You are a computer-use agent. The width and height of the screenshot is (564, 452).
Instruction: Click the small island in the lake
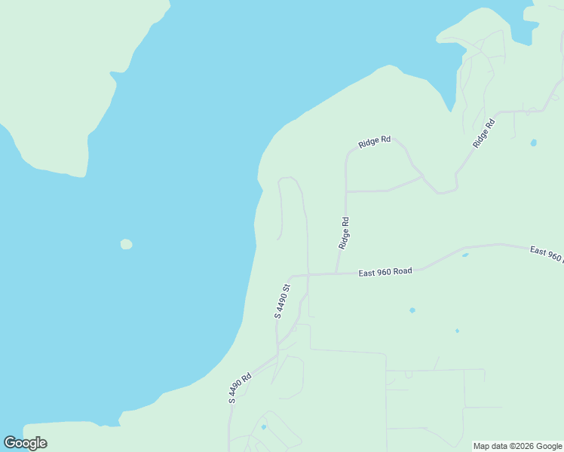click(x=126, y=244)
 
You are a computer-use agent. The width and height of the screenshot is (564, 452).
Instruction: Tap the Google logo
click(x=25, y=443)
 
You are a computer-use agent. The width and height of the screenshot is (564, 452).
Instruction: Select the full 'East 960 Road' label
click(x=385, y=271)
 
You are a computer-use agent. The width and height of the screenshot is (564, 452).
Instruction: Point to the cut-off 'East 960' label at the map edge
click(x=546, y=254)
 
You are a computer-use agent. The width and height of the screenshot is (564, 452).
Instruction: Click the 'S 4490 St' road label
click(x=282, y=301)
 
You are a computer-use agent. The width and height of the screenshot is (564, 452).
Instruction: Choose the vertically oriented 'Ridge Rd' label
click(x=345, y=234)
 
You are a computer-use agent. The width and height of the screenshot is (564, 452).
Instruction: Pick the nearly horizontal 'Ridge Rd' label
click(x=375, y=141)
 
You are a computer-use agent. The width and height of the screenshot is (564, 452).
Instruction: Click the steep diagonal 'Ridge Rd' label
click(x=483, y=133)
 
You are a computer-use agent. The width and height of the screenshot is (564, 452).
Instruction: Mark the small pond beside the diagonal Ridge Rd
click(x=534, y=142)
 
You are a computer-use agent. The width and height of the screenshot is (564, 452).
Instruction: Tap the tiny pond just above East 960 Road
click(x=465, y=255)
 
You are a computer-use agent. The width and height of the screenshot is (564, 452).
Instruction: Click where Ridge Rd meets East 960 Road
click(x=336, y=273)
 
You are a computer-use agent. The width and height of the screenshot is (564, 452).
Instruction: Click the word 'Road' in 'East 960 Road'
click(x=401, y=270)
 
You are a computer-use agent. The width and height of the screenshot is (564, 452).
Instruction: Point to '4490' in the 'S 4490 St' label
click(x=281, y=303)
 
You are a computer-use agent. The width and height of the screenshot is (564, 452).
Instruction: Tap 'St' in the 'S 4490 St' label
click(x=287, y=289)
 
